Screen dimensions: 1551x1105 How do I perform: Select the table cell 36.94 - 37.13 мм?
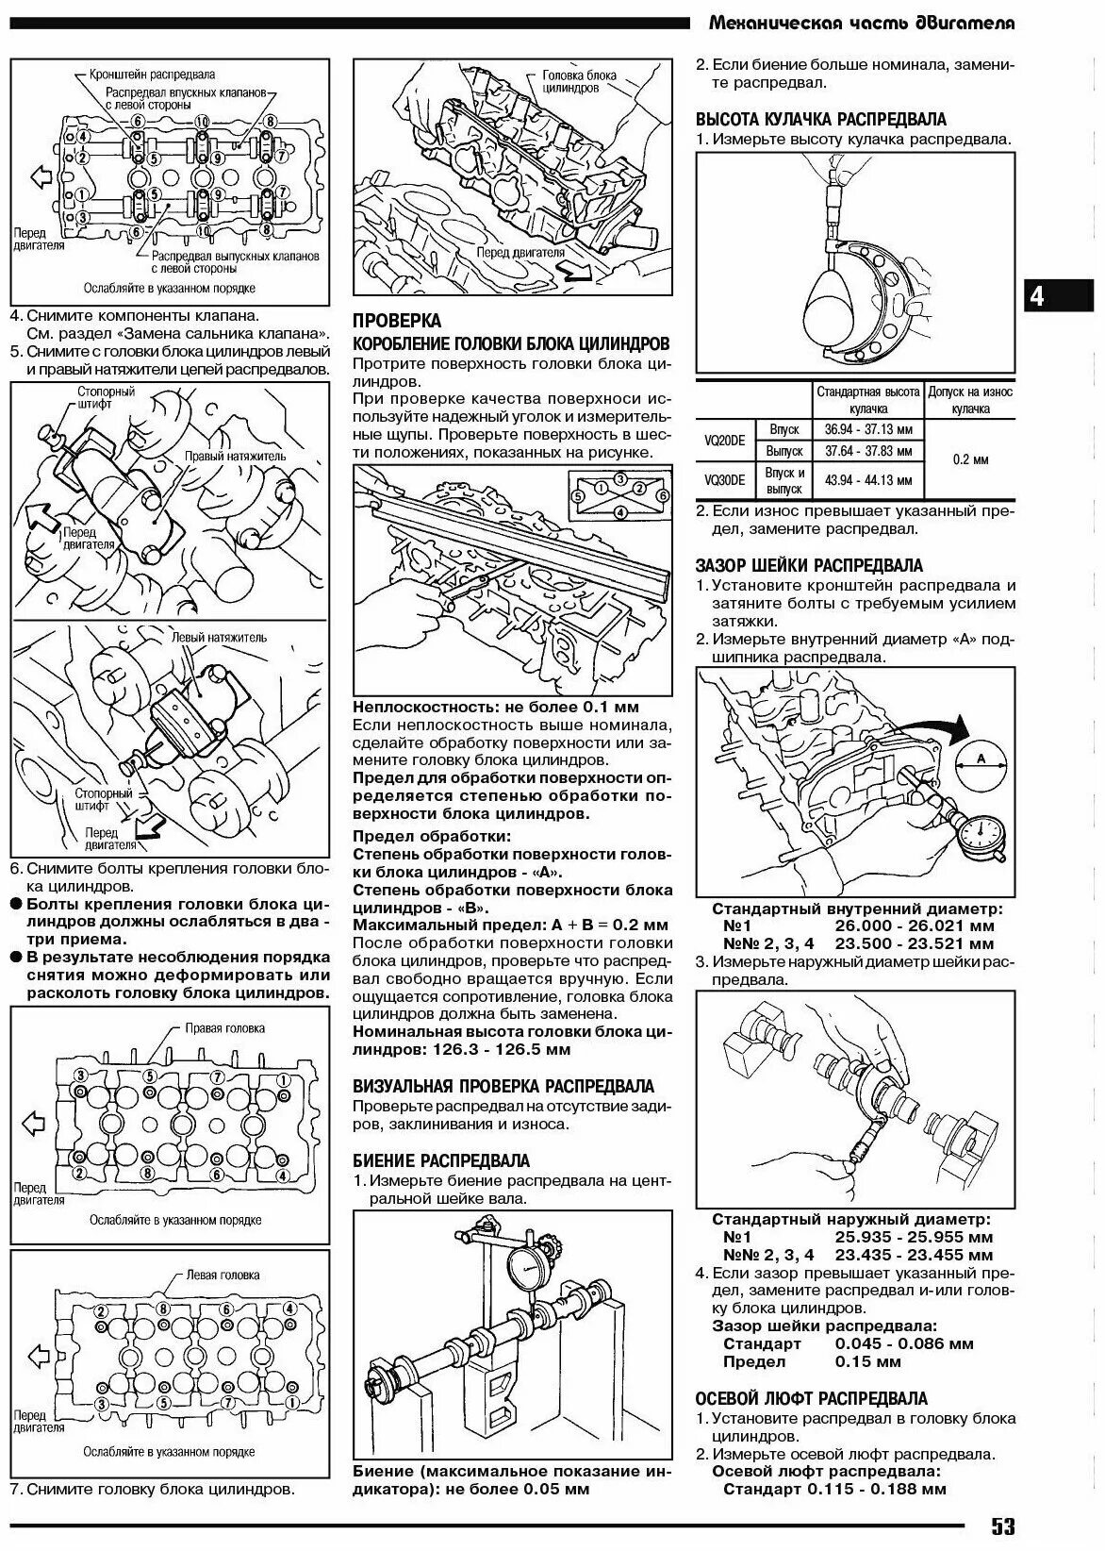868,429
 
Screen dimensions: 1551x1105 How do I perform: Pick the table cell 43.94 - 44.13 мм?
868,480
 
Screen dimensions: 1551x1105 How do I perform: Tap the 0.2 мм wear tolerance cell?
970,459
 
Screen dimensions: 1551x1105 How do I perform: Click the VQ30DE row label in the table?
724,480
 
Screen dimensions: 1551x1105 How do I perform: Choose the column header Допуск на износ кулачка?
970,399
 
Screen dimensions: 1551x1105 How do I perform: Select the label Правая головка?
224,1028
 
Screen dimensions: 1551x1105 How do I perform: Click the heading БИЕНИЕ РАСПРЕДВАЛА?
441,1160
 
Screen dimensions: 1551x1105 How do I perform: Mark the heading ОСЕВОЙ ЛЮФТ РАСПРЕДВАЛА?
811,1398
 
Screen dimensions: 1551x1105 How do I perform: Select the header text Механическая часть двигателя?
861,23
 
